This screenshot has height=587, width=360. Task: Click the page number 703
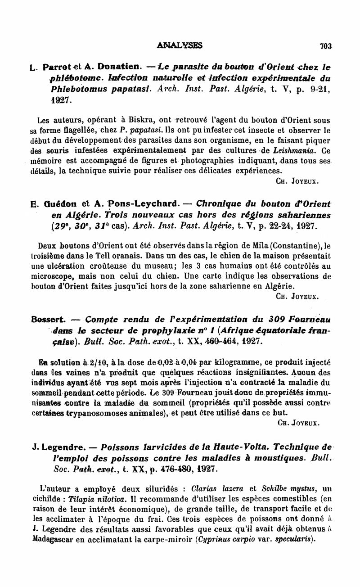(325, 45)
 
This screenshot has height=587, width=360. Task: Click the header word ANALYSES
(180, 45)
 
